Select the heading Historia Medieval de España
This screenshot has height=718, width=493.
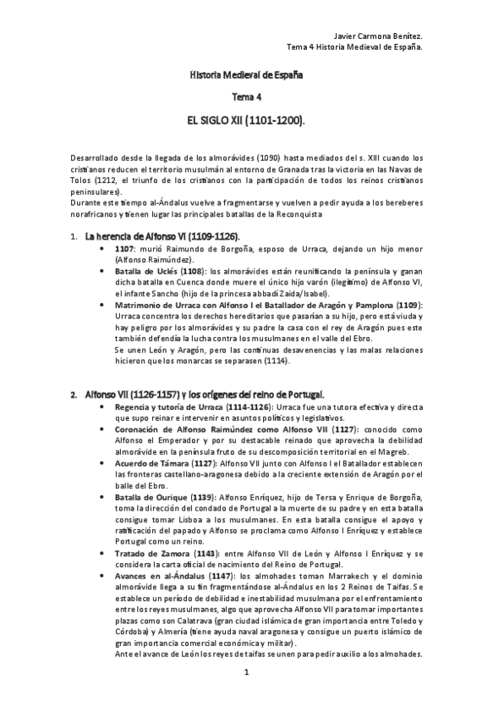(x=246, y=76)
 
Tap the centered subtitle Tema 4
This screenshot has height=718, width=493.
(x=247, y=98)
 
